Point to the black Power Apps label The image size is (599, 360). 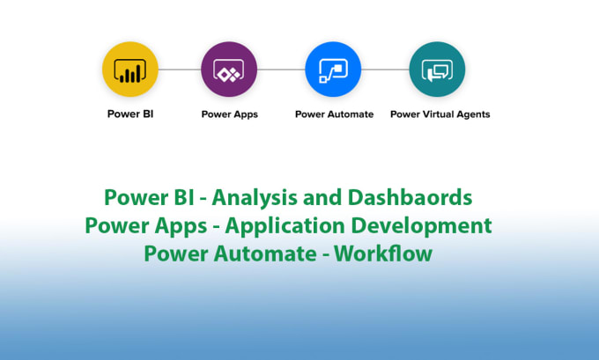tap(229, 114)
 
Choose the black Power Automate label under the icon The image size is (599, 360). tap(334, 114)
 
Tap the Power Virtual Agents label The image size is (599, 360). tap(440, 114)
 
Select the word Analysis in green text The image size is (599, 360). tap(255, 196)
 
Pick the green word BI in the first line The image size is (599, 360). tap(186, 196)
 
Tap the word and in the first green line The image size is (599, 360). tap(321, 196)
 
